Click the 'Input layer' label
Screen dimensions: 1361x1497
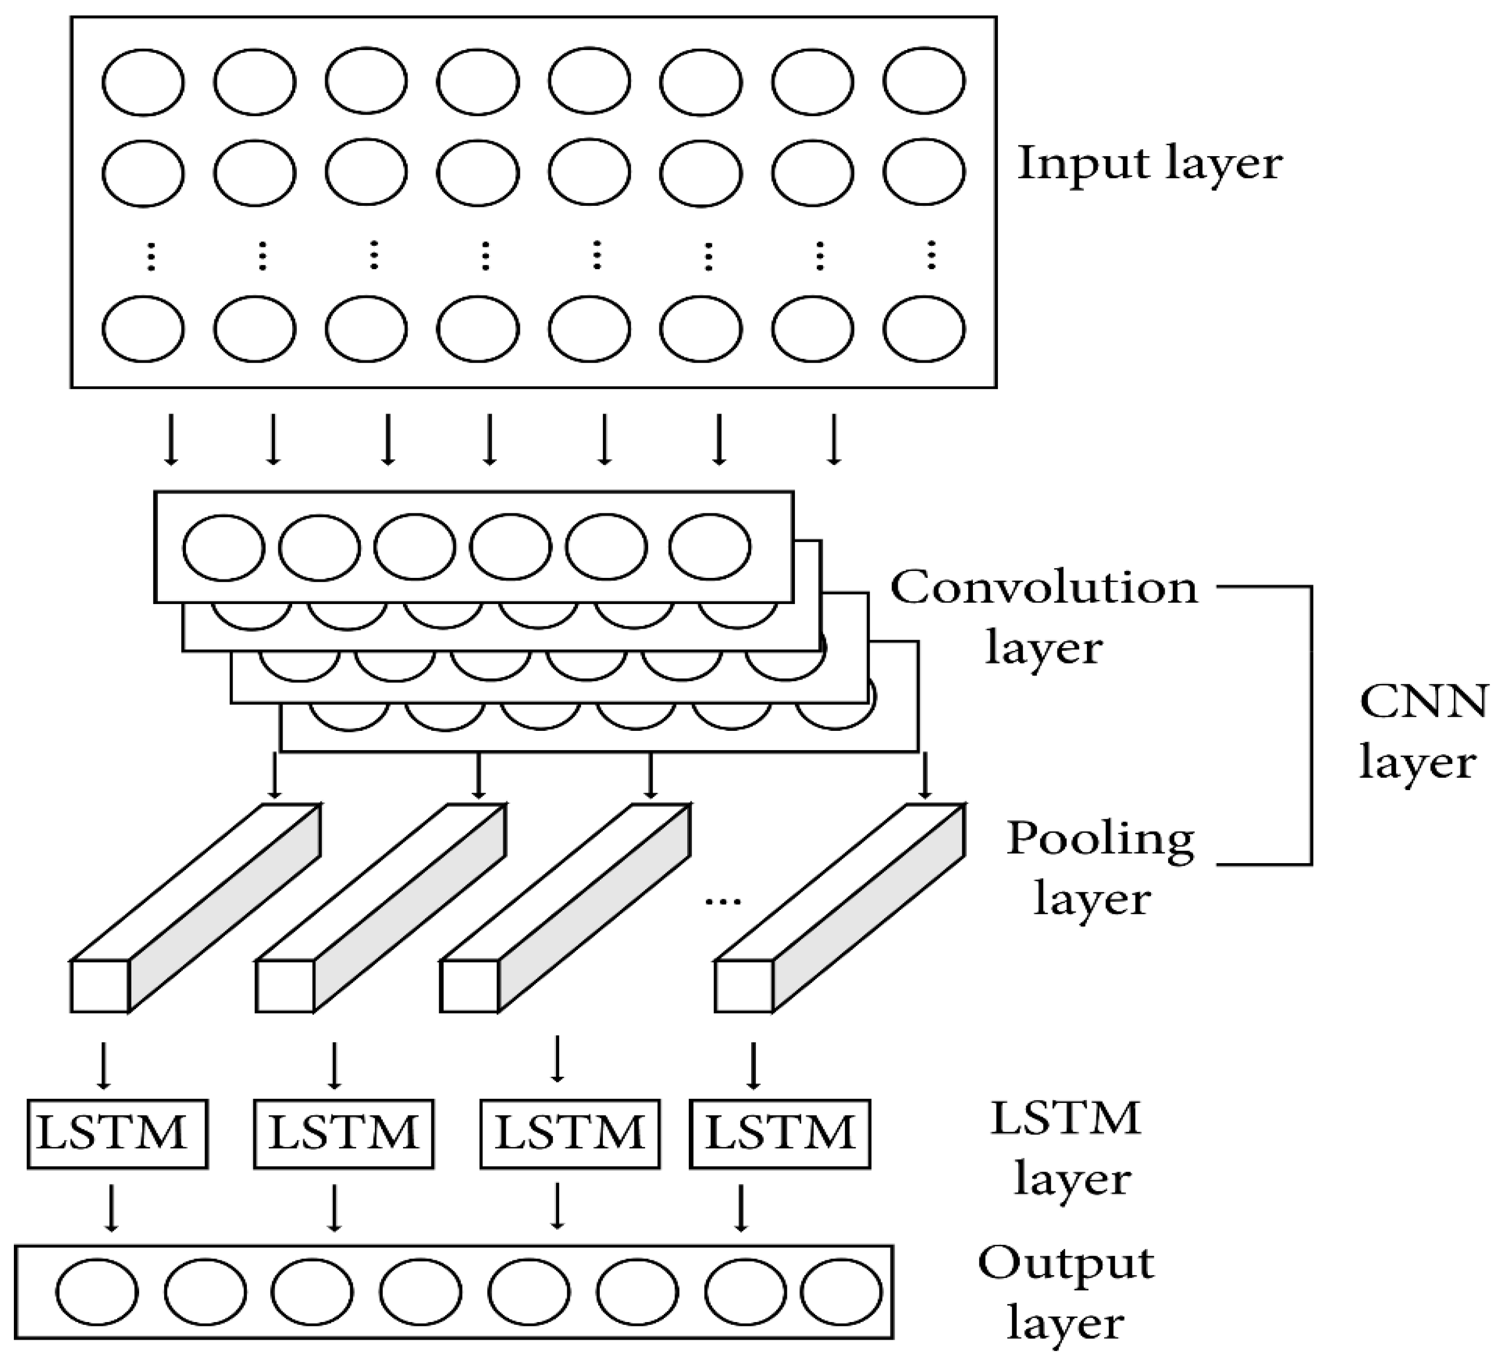pyautogui.click(x=1149, y=163)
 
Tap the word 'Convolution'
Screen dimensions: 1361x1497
pyautogui.click(x=1044, y=588)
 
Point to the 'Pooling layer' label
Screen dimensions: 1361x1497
pyautogui.click(x=1099, y=868)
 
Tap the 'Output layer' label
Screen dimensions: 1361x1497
pyautogui.click(x=1066, y=1293)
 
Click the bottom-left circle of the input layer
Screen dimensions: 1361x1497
pyautogui.click(x=143, y=329)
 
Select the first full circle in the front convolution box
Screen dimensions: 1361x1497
pyautogui.click(x=223, y=548)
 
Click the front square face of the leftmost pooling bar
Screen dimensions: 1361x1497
pyautogui.click(x=100, y=986)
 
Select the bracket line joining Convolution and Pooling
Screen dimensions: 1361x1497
pyautogui.click(x=1311, y=726)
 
